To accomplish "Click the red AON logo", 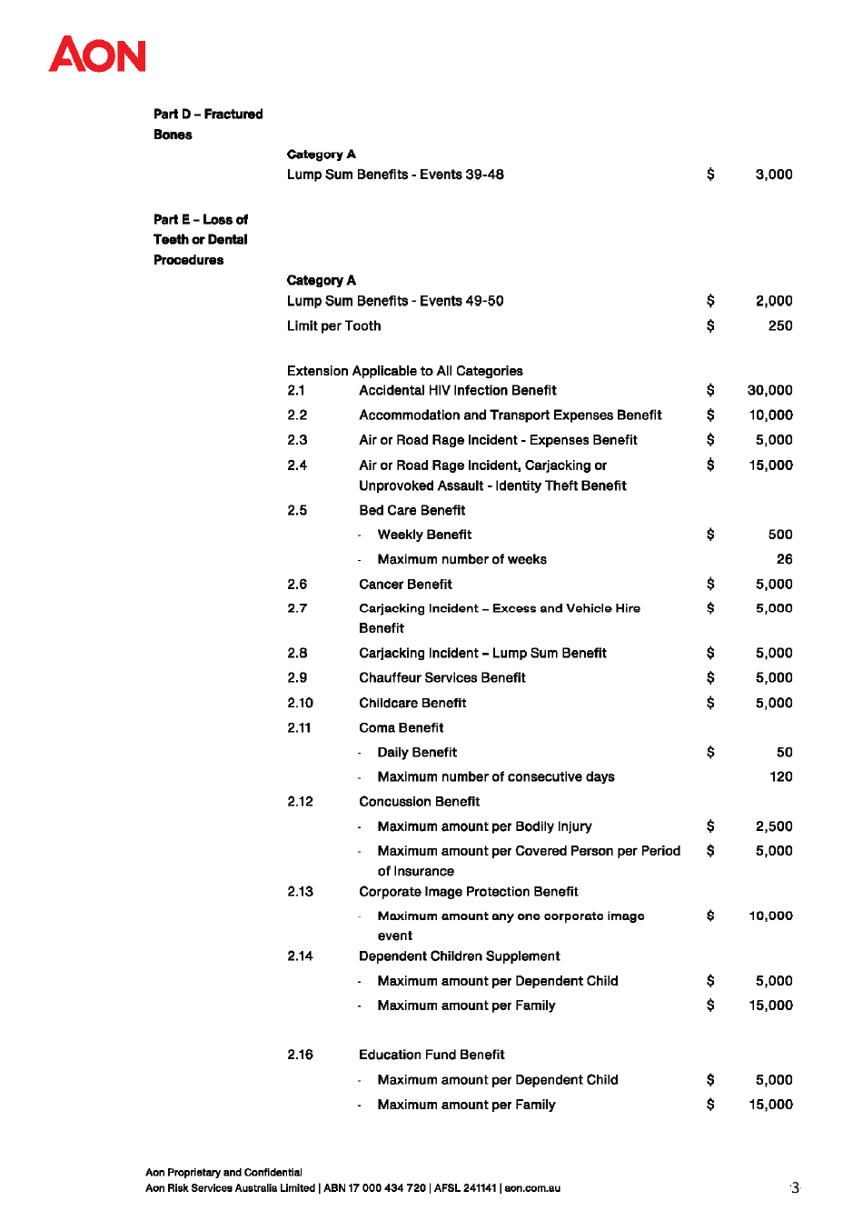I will click(x=97, y=55).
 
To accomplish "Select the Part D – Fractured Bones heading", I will click(x=208, y=124).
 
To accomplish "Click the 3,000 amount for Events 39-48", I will click(x=774, y=175).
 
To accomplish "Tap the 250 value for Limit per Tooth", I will click(x=780, y=325).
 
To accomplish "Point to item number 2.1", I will click(x=296, y=391).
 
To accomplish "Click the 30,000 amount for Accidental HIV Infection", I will click(x=769, y=391).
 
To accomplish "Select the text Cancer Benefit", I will click(x=405, y=585).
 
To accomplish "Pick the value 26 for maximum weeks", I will click(x=784, y=559).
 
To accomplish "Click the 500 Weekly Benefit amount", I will click(x=780, y=535).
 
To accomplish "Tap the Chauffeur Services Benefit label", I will click(x=442, y=678).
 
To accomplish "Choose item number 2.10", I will click(x=300, y=703).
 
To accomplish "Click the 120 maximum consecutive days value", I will click(x=780, y=776).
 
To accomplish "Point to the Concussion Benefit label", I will click(x=419, y=802).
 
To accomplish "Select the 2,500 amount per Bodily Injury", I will click(x=774, y=826).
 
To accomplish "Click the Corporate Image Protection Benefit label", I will click(x=468, y=892).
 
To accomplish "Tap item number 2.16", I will click(x=300, y=1055).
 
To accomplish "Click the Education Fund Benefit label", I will click(x=431, y=1055).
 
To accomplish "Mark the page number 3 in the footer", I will click(x=795, y=1187).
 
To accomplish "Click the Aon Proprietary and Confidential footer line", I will click(x=223, y=1173).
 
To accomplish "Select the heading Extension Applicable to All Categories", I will click(x=404, y=371).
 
